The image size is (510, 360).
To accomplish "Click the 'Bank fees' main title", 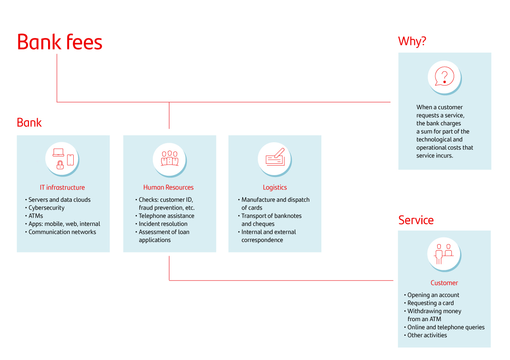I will click(x=60, y=42).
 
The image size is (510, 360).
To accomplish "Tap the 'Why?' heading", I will click(x=412, y=41).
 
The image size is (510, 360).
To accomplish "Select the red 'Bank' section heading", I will click(x=29, y=123).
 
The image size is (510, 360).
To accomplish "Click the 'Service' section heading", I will click(x=416, y=220).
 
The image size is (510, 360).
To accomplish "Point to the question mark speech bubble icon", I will click(x=444, y=76).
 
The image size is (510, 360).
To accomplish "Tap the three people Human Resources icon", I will click(x=169, y=158).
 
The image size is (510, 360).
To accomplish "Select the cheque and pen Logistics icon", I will click(x=275, y=158).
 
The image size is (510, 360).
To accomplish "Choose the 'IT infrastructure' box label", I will click(x=62, y=188).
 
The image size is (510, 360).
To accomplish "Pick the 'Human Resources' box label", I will click(x=168, y=188).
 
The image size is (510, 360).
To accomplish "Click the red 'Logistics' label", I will click(x=275, y=188).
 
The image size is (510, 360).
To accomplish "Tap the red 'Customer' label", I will click(x=444, y=283).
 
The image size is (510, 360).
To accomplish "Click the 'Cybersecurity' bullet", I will click(x=46, y=208).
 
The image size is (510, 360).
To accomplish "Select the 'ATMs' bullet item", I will click(x=36, y=216).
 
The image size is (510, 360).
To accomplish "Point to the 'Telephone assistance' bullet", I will click(x=167, y=216).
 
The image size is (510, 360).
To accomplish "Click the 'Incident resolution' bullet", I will click(x=163, y=224).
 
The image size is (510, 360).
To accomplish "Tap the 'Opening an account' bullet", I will click(x=433, y=296).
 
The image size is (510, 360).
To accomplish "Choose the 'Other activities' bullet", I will click(x=427, y=335).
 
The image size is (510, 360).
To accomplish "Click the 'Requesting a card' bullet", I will click(x=430, y=303).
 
